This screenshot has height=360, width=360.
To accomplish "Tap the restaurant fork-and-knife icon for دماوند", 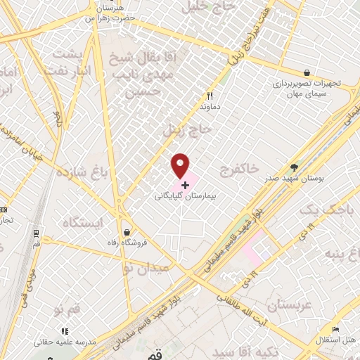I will [x=209, y=96].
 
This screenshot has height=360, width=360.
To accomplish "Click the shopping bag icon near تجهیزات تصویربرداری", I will [x=307, y=72].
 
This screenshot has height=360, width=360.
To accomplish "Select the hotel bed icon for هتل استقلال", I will [x=336, y=330].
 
